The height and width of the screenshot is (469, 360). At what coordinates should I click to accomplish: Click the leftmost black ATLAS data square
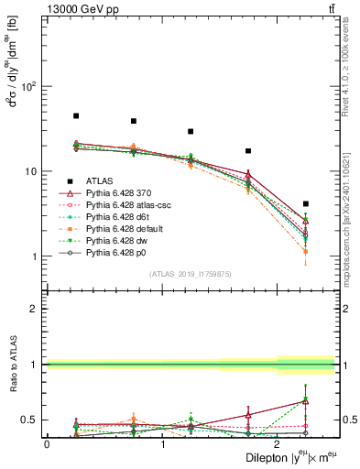click(x=76, y=116)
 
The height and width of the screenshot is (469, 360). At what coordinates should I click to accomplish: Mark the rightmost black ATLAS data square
click(x=306, y=203)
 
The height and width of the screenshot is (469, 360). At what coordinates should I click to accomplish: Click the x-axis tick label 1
click(x=162, y=443)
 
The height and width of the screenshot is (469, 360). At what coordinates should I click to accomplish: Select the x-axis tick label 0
click(x=47, y=443)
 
